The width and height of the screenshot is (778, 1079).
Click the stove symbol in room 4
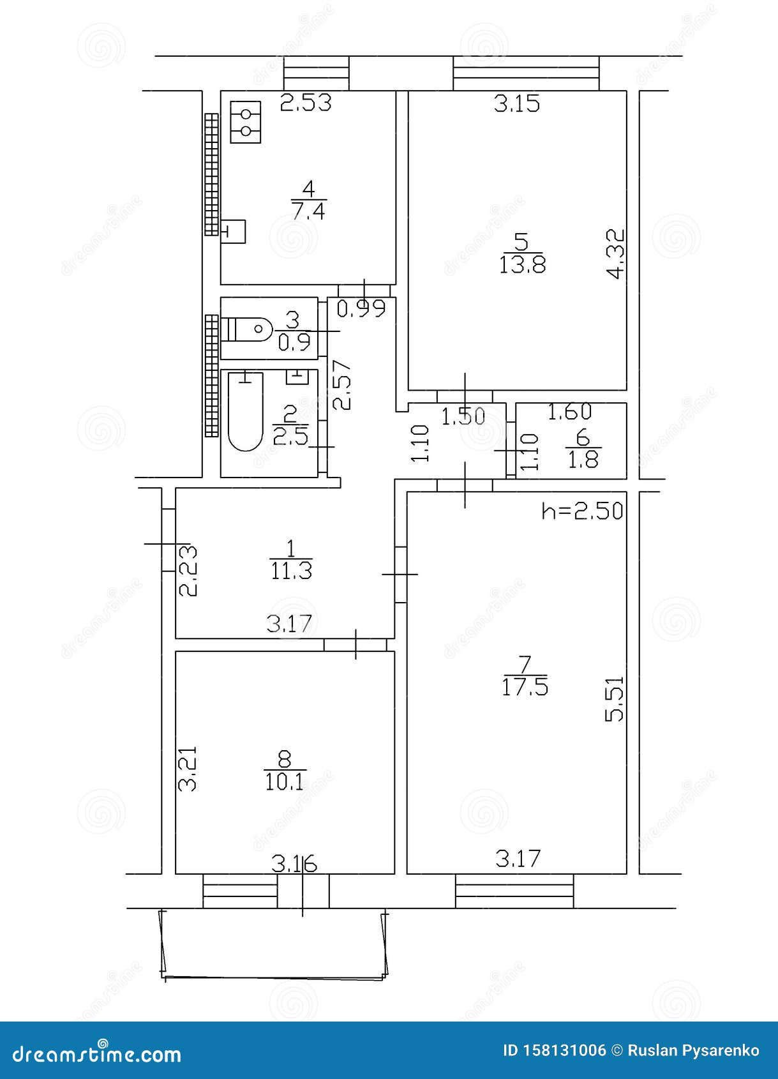246,122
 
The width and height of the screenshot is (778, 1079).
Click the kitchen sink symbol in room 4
234,231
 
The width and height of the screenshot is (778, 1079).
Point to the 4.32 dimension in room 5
615,254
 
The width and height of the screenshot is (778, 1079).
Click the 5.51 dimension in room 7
614,699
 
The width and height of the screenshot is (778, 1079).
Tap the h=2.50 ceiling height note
581,511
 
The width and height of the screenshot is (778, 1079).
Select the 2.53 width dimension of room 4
306,103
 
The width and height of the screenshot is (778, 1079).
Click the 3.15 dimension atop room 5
517,103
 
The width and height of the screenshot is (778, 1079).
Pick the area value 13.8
522,264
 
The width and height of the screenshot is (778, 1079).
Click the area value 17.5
525,688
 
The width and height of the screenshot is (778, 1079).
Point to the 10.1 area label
285,781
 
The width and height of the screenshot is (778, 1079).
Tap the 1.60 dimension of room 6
570,412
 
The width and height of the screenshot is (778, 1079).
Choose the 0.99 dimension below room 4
361,309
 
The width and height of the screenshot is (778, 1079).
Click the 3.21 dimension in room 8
188,769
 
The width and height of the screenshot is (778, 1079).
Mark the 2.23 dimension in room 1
188,570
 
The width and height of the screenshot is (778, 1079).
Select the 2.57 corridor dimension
343,385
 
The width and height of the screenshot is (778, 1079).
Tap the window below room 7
514,891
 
